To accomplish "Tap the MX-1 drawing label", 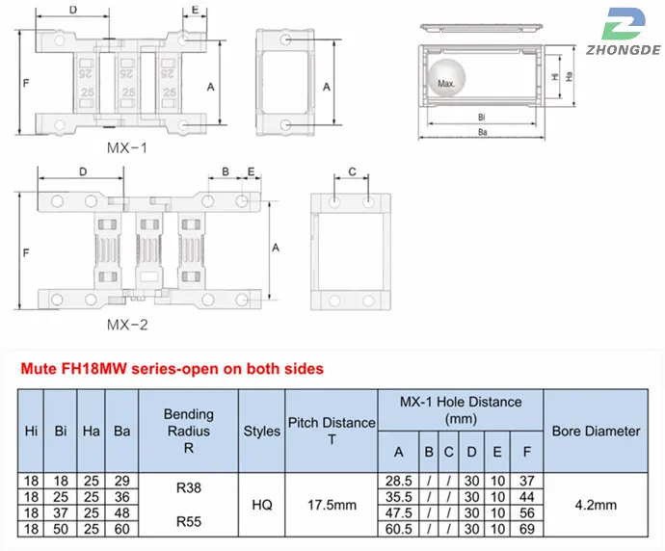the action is [127, 149].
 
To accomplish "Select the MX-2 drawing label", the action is [127, 324].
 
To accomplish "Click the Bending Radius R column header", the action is [189, 431].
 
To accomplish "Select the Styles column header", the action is [261, 431].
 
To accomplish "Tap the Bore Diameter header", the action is [596, 431].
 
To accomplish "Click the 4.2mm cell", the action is [596, 504].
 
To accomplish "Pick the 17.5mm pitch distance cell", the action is [330, 504].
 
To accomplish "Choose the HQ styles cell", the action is [261, 504].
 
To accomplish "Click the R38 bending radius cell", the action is [189, 488].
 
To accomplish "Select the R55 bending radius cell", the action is [189, 520].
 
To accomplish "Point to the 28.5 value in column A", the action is [398, 480].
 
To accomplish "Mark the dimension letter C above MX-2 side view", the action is [352, 171].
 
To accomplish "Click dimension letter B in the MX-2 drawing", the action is [226, 171].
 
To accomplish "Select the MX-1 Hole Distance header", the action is [460, 410].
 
